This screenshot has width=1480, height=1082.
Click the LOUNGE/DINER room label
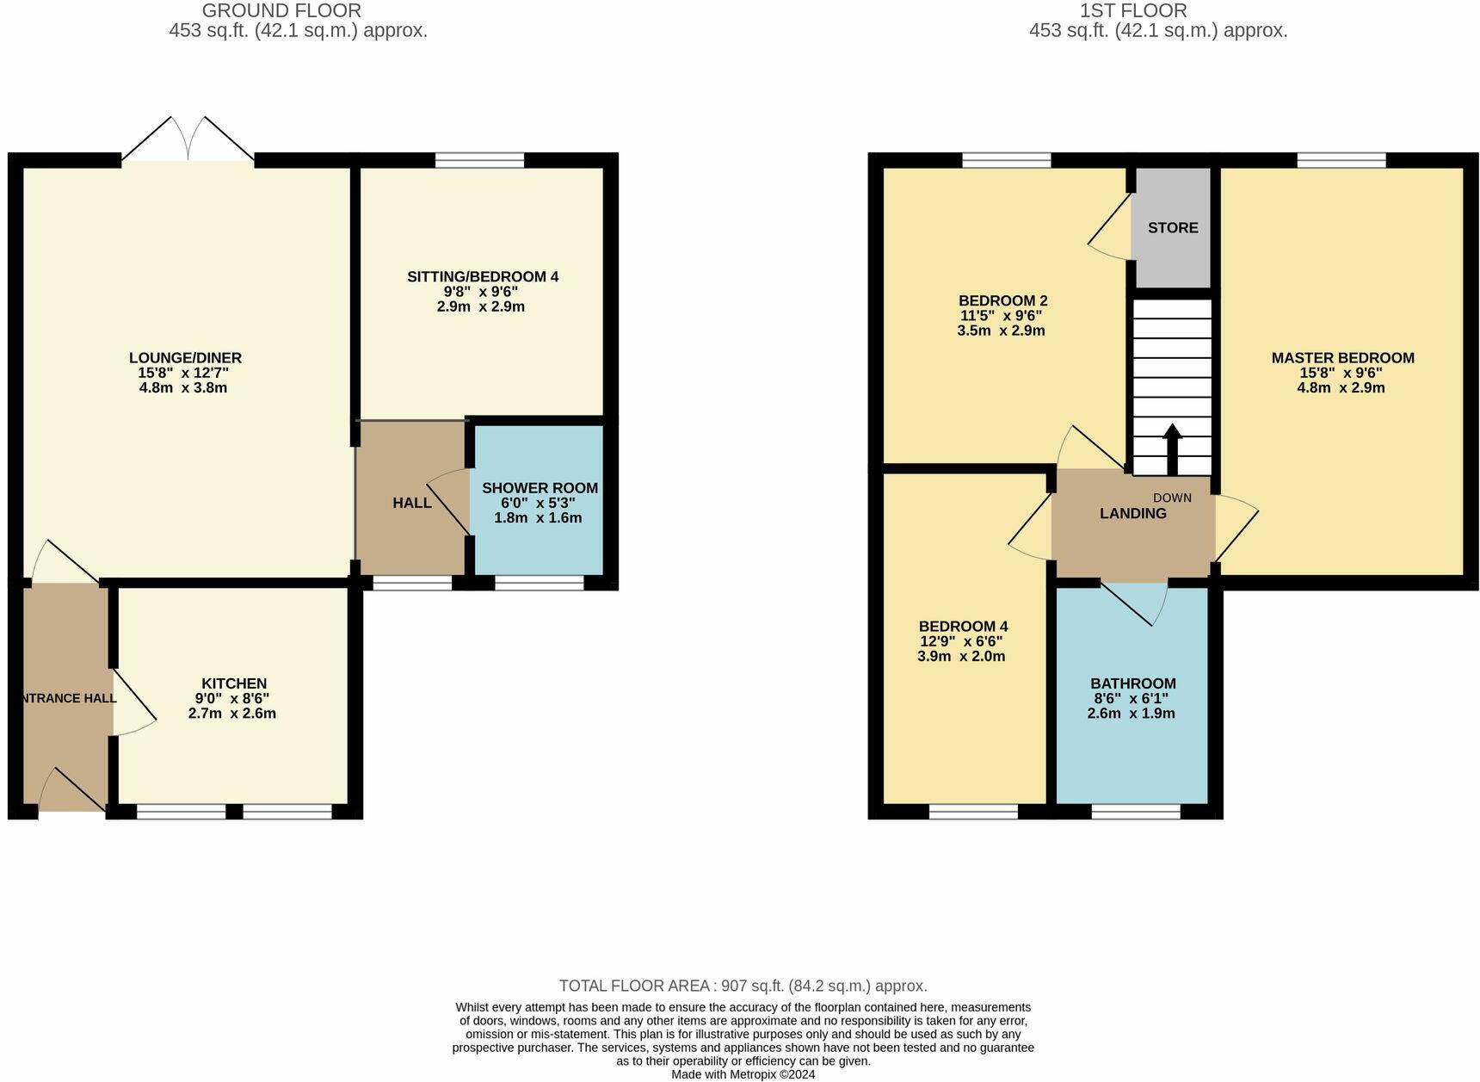tap(185, 358)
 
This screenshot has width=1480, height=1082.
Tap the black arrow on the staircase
tap(1172, 448)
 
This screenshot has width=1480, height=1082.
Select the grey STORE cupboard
tap(1172, 227)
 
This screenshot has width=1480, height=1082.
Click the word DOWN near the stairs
tap(1172, 498)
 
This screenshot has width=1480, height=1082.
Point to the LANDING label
tap(1133, 514)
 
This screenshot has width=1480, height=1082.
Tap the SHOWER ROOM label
tap(540, 488)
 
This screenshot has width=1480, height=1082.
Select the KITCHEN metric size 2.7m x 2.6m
tap(232, 714)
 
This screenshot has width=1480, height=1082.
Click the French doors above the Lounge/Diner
tap(188, 139)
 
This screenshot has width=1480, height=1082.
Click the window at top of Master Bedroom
tap(1341, 160)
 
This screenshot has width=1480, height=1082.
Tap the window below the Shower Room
tap(540, 583)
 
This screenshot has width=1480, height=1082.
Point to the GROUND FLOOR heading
tap(281, 11)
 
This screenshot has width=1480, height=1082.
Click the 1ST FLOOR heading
tap(1133, 11)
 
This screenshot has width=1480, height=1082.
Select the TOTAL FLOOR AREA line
tap(743, 986)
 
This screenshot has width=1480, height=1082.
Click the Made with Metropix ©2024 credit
tap(743, 1075)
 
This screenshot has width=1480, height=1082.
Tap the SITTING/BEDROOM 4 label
tap(483, 277)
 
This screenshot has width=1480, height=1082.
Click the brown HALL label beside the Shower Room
tap(412, 503)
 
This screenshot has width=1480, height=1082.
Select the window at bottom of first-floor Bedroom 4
tap(973, 811)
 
